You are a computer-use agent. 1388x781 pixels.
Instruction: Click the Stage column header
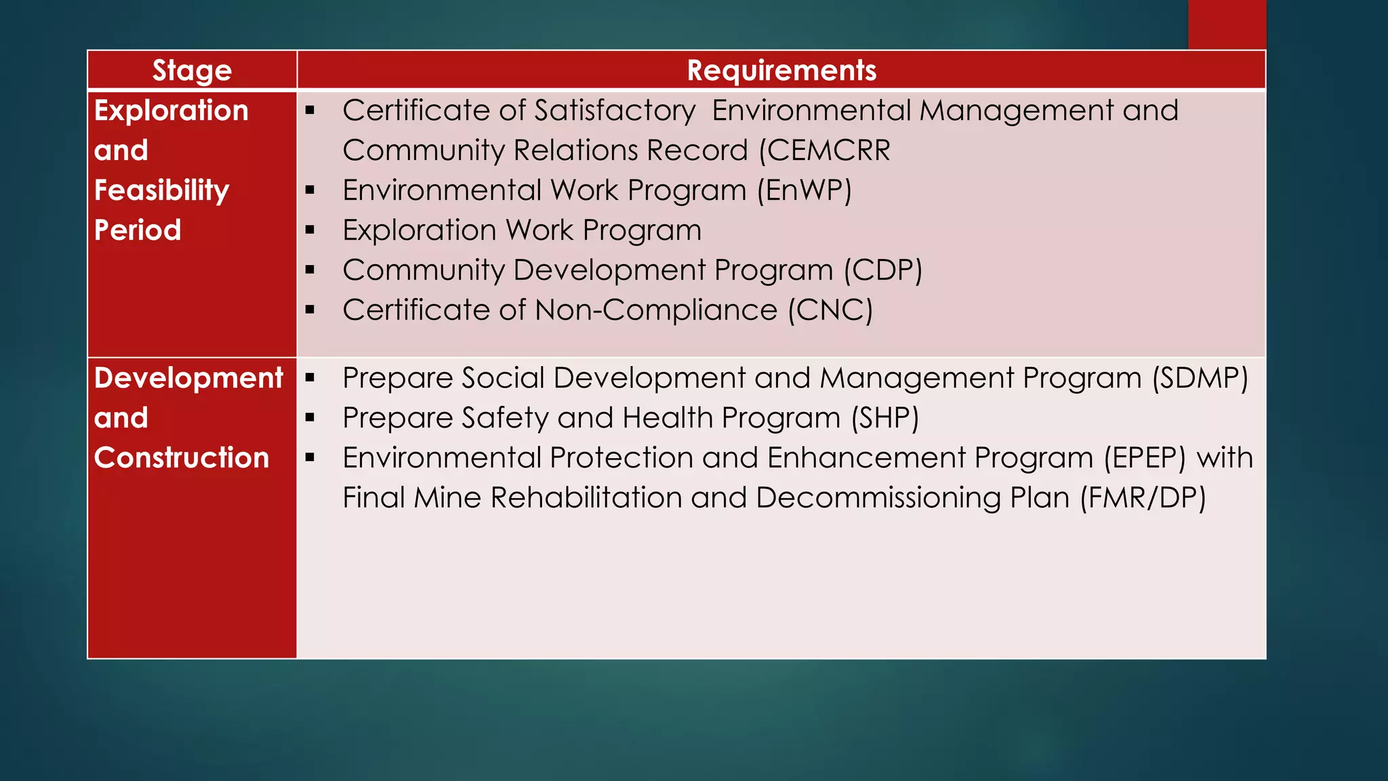[192, 71]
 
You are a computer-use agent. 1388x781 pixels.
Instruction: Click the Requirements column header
[781, 71]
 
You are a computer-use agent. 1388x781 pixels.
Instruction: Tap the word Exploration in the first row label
[171, 111]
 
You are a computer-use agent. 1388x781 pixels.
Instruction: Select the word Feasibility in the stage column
[162, 191]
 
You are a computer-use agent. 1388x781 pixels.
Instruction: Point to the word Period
[138, 231]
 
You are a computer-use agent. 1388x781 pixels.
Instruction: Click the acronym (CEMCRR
[824, 151]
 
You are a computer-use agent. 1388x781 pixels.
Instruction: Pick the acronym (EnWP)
[804, 191]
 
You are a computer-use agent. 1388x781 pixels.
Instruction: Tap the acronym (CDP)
[883, 271]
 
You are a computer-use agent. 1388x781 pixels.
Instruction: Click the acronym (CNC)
[830, 311]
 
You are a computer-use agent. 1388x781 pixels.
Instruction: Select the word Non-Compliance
[655, 311]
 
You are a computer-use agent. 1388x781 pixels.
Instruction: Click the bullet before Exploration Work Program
[310, 231]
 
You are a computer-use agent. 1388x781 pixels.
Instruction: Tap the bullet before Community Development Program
[310, 271]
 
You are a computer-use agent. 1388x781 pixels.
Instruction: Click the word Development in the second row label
[188, 378]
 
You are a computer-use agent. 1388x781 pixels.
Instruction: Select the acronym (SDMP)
[1200, 378]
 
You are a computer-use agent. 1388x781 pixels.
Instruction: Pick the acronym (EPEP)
[1145, 458]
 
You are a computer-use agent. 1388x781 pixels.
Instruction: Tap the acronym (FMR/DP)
[1143, 498]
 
